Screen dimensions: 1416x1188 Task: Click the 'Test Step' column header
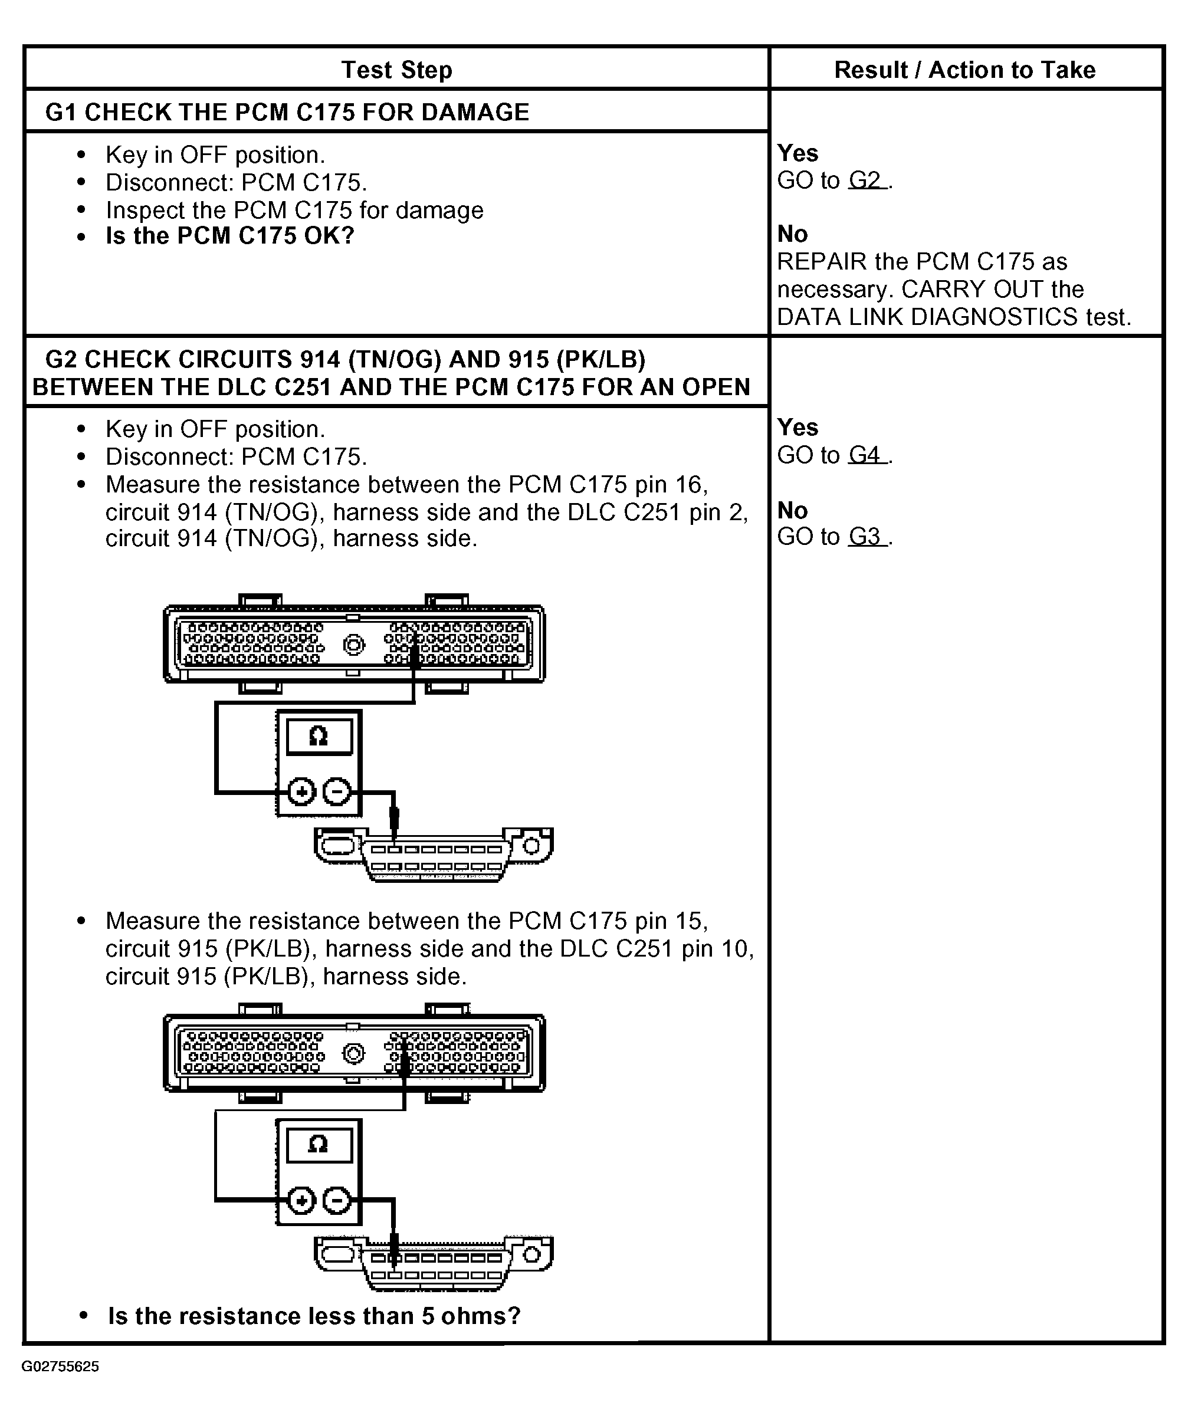pos(396,70)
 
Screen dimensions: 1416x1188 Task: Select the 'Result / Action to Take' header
pos(964,70)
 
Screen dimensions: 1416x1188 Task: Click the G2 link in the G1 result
pos(867,180)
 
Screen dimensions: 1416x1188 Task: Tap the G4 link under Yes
pos(867,455)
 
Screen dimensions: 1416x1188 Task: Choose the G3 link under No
pos(867,537)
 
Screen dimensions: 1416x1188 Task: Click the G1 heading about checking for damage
pos(287,112)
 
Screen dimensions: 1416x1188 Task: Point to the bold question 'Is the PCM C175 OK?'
pos(230,236)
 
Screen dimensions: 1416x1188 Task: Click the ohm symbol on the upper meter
pos(319,737)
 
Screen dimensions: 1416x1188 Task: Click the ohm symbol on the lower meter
pos(319,1144)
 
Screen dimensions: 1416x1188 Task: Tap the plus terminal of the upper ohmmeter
pos(301,791)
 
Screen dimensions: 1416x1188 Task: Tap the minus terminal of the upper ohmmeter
pos(337,791)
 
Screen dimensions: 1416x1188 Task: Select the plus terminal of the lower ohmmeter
pos(301,1200)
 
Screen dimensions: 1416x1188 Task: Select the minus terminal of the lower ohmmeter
pos(337,1200)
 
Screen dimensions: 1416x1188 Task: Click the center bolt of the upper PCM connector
pos(354,645)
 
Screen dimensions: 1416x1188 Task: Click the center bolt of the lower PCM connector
pos(354,1053)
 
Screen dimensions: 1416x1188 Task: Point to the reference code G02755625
pos(60,1367)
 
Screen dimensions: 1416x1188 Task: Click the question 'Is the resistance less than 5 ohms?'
pos(314,1316)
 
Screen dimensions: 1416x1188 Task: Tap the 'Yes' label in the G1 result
pos(798,153)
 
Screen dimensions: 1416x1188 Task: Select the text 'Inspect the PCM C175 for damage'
pos(294,211)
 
